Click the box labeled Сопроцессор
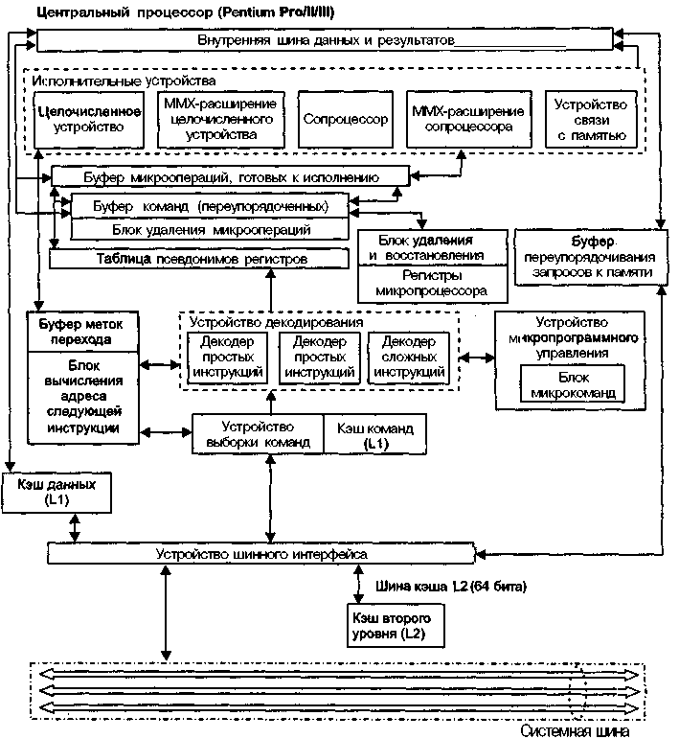click(346, 119)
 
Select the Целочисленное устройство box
click(89, 120)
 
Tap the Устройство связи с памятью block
click(592, 120)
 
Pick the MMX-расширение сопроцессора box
click(469, 119)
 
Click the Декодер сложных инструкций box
click(409, 358)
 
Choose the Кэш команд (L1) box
click(375, 434)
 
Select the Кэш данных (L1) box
click(57, 493)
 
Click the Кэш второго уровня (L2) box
click(396, 625)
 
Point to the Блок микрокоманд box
click(573, 384)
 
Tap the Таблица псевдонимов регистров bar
click(199, 259)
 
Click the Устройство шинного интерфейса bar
click(261, 553)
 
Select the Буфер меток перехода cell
click(83, 332)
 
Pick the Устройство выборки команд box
click(258, 434)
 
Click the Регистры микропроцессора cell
click(433, 284)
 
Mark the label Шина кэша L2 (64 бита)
click(451, 587)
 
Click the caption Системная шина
click(575, 730)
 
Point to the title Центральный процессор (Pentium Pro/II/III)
click(186, 12)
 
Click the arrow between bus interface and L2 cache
click(358, 584)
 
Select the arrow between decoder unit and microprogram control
click(477, 358)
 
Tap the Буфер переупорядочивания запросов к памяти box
click(592, 257)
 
